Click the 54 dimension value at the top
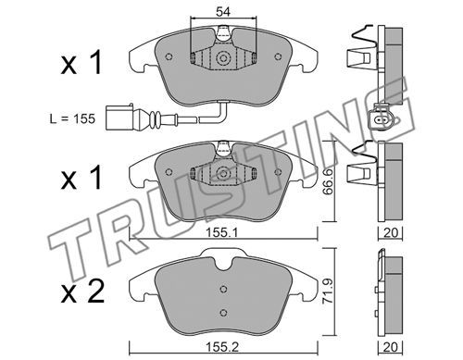tap(223, 12)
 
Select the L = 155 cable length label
tap(72, 118)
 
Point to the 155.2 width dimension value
tap(222, 348)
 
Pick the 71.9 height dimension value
tap(327, 292)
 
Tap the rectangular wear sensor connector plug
tap(119, 118)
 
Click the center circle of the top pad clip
tap(222, 58)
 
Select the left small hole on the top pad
tap(169, 56)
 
